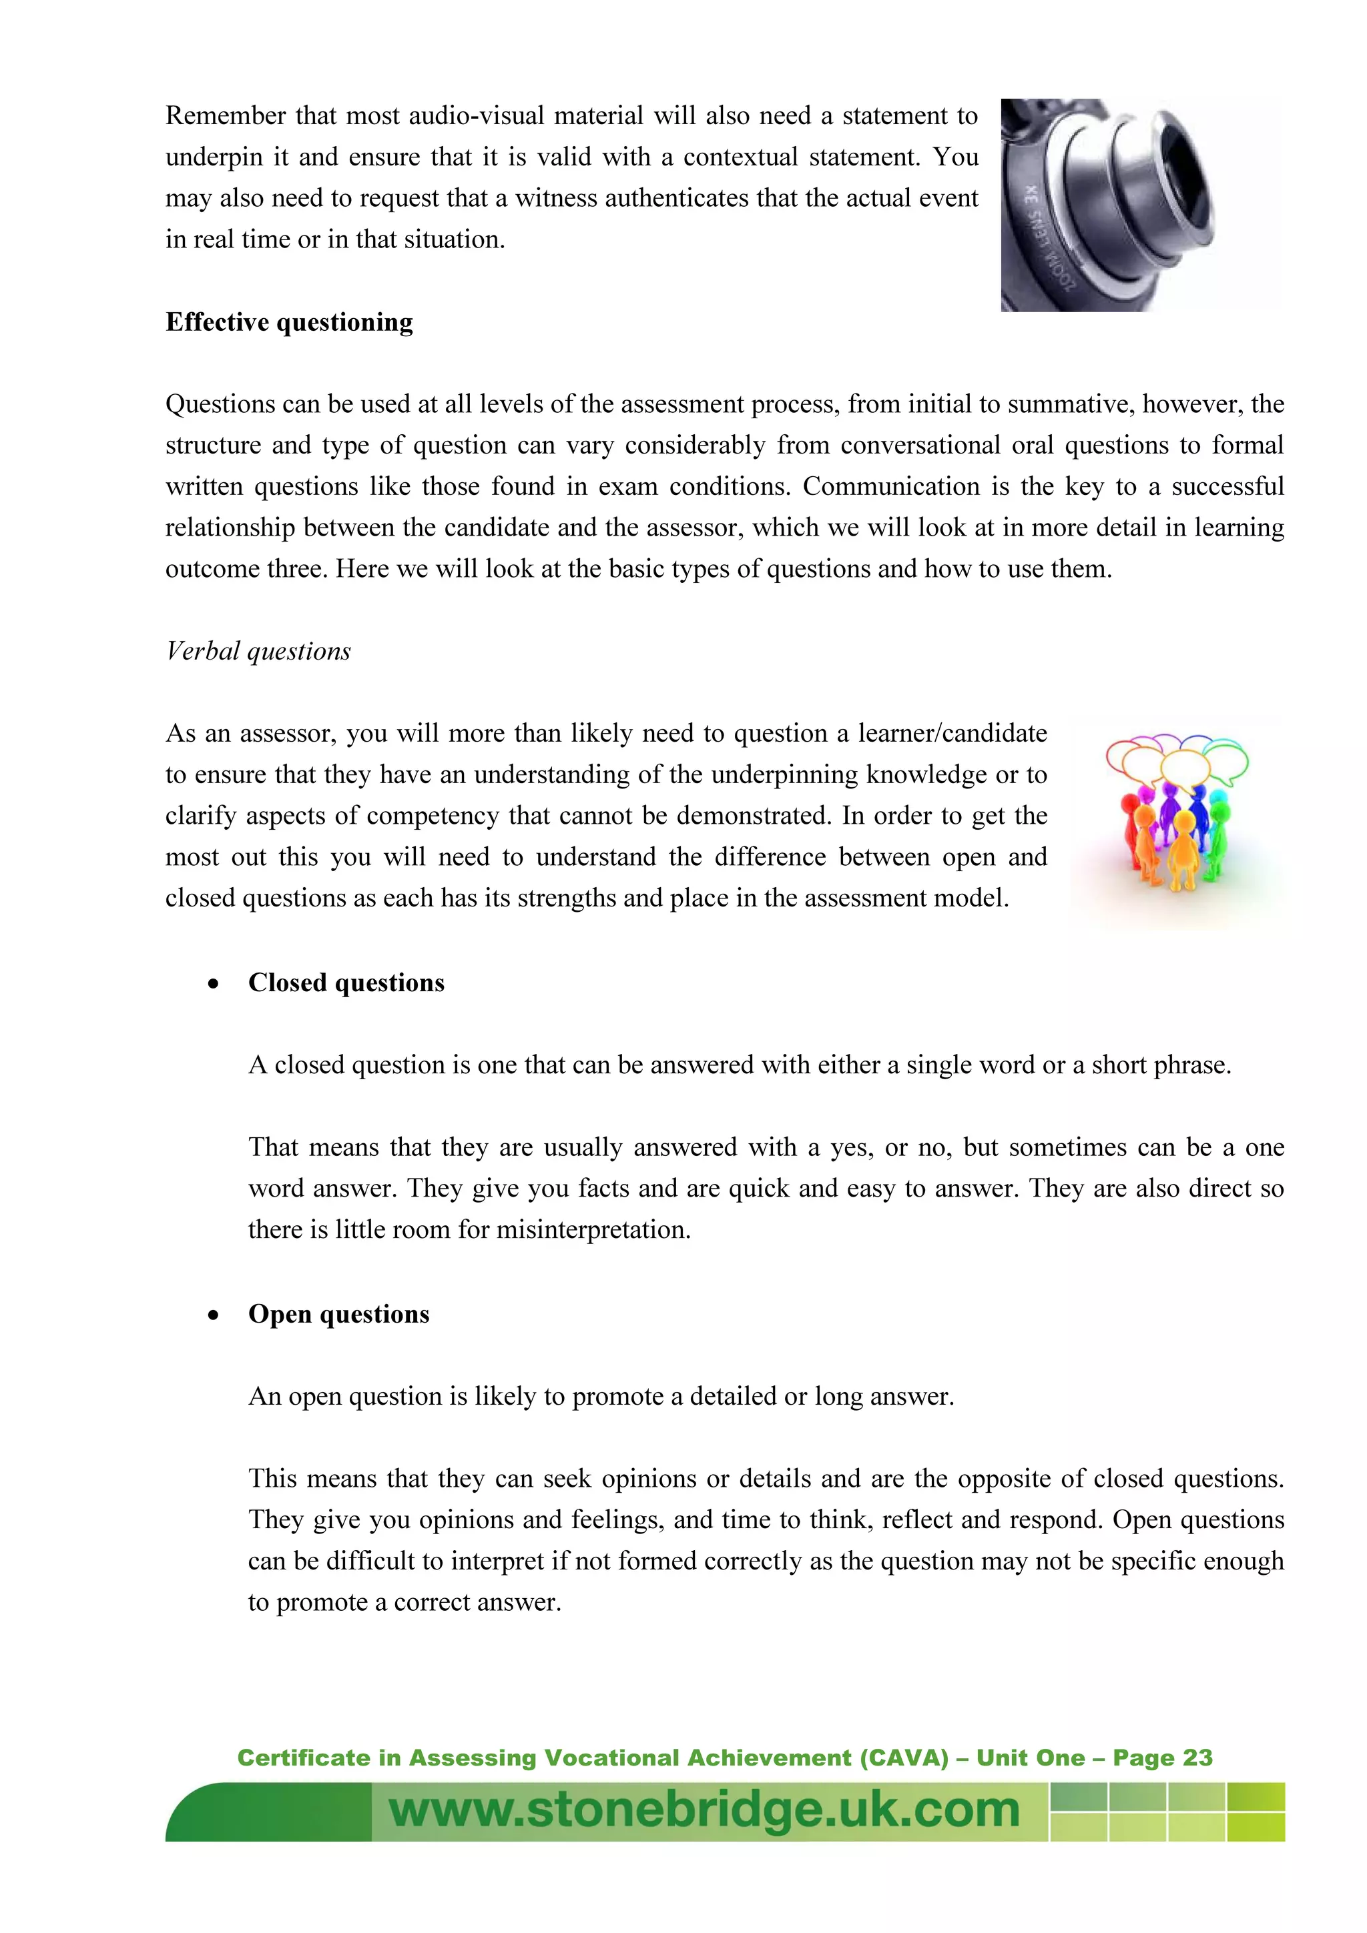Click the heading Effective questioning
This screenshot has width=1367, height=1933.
pyautogui.click(x=289, y=322)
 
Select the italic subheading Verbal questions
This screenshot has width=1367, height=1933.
pyautogui.click(x=258, y=652)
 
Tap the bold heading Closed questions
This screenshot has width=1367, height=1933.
pyautogui.click(x=346, y=983)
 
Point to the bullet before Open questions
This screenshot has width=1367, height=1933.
pyautogui.click(x=214, y=1316)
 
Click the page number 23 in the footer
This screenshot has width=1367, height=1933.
pyautogui.click(x=1197, y=1758)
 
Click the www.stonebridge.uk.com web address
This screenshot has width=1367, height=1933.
pyautogui.click(x=704, y=1811)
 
